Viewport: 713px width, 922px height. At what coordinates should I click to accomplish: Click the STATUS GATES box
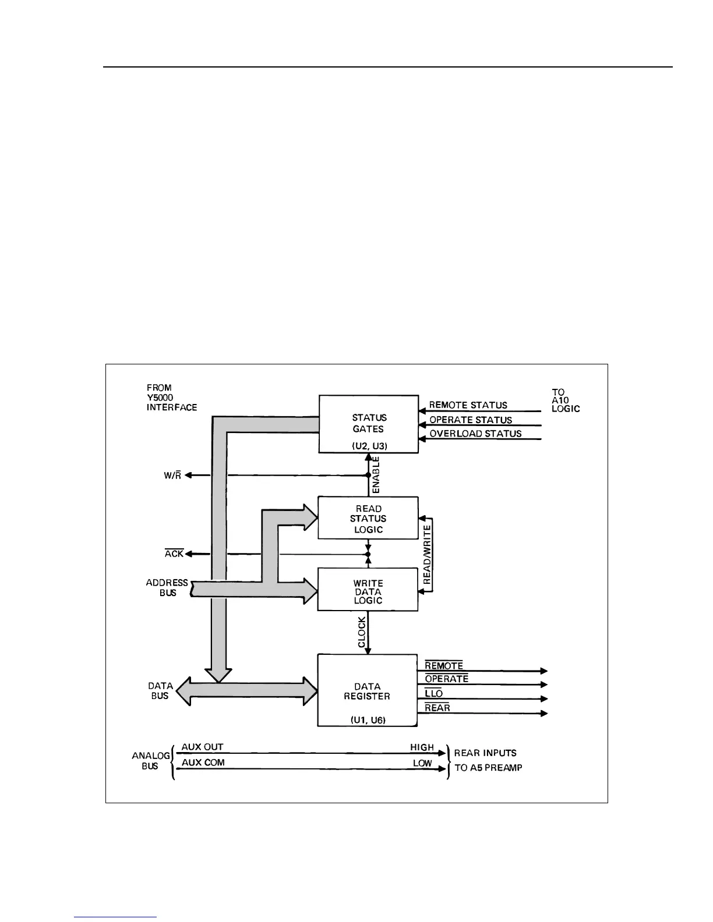point(368,423)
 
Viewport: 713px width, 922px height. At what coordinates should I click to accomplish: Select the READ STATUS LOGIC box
point(368,518)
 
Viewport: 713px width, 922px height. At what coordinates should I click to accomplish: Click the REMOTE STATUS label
point(468,405)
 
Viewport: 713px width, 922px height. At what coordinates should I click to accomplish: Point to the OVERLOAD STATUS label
point(475,434)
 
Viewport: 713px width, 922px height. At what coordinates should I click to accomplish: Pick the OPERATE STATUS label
point(471,420)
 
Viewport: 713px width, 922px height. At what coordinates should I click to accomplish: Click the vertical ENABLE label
point(376,475)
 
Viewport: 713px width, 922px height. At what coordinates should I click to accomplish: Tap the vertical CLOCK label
point(362,632)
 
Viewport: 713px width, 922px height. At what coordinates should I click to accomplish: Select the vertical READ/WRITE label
point(427,555)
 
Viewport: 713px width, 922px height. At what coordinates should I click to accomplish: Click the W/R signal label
point(172,476)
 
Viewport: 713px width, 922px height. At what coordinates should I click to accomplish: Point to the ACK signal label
point(174,554)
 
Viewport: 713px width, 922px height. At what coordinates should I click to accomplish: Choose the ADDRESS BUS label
point(167,588)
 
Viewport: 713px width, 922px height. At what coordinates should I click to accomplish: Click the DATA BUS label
point(160,691)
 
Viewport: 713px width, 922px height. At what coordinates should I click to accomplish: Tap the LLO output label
point(434,693)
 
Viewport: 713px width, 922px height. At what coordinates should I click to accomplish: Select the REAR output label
point(437,708)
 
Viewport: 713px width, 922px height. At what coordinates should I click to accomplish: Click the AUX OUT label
point(202,747)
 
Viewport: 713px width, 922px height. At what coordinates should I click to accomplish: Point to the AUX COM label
point(203,763)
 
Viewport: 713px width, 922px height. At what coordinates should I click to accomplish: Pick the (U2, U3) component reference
point(369,446)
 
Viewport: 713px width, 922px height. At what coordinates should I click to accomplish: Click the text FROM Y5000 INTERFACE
point(171,398)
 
